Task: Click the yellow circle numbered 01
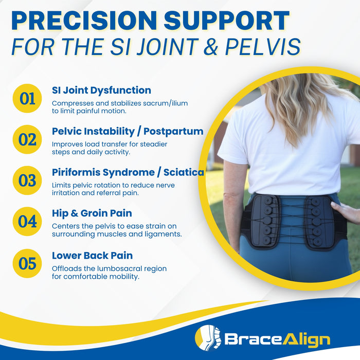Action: [27, 98]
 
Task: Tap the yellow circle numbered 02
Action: [27, 139]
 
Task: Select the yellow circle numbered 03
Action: [27, 181]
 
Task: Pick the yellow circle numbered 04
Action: [27, 222]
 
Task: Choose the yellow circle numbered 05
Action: [27, 263]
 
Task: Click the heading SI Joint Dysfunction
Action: [101, 90]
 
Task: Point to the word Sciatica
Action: [184, 172]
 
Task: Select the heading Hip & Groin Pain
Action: [92, 213]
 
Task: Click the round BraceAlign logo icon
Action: [207, 338]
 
